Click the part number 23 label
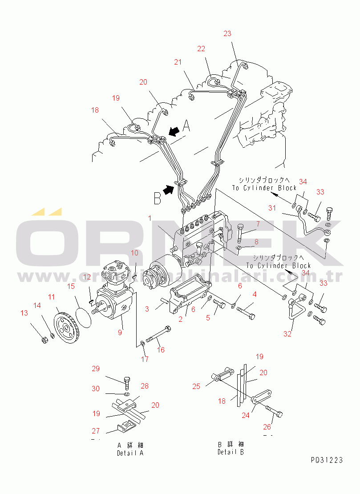click(227, 34)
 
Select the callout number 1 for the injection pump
click(150, 218)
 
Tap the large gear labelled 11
click(65, 328)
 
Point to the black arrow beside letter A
click(174, 131)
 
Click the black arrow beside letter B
click(168, 190)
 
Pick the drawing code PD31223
click(327, 460)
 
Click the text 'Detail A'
click(130, 453)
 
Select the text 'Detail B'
click(231, 452)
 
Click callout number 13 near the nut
click(24, 313)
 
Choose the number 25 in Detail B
click(196, 386)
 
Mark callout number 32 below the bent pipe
click(287, 334)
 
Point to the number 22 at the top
click(201, 49)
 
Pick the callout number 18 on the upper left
click(95, 110)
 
